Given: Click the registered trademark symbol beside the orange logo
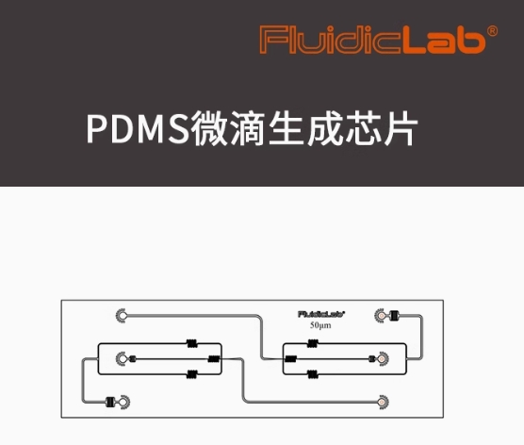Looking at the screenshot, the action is coord(492,31).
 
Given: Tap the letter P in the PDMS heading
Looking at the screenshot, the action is coord(98,129).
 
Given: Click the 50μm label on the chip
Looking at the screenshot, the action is coord(320,325).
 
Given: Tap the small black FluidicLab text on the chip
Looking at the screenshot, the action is coord(321,314).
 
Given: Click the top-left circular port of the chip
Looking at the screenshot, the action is coord(122,315).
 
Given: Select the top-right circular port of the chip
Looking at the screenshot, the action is coord(381,315).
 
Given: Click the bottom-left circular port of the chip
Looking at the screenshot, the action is coord(123,402).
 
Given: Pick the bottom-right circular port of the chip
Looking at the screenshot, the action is coord(383,402).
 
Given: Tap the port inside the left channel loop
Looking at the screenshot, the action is coord(122,359).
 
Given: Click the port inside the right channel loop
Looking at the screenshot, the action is coord(383,359).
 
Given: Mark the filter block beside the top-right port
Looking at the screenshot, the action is coord(395,315).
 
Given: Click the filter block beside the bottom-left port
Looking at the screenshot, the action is coord(110,402).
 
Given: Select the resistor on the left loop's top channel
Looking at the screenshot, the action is coord(192,343).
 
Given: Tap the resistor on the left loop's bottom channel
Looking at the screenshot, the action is coord(192,374).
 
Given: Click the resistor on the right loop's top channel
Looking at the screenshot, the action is coord(313,343).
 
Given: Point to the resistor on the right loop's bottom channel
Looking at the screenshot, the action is coord(313,374).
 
